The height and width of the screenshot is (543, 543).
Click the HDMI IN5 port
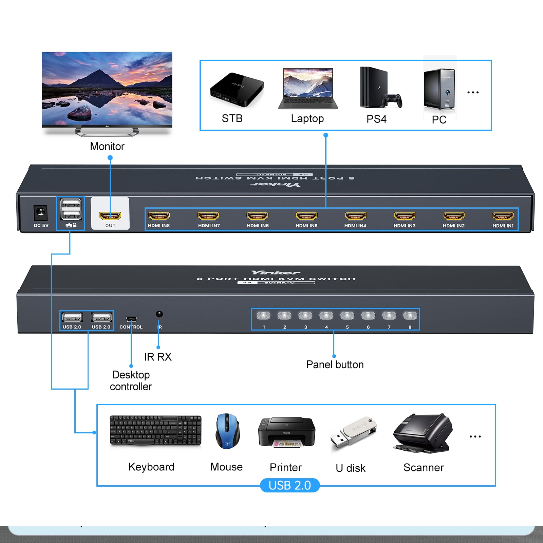(x=306, y=216)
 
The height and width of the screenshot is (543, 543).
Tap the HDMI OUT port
(x=110, y=216)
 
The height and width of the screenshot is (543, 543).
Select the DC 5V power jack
(x=41, y=213)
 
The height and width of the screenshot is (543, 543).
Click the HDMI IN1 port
(x=503, y=216)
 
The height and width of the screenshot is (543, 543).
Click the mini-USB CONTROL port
(x=131, y=319)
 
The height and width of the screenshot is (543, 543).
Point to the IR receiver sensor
(x=159, y=314)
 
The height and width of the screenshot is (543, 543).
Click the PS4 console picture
(x=379, y=88)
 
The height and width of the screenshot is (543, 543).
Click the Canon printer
(x=286, y=432)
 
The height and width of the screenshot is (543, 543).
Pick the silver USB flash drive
(x=353, y=433)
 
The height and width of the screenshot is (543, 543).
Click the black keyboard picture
(x=155, y=430)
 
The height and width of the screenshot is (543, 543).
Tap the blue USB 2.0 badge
(x=289, y=485)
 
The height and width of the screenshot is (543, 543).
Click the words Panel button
(x=335, y=364)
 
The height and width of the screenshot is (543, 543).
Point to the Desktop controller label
(x=131, y=380)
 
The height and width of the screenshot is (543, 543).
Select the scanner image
(x=423, y=433)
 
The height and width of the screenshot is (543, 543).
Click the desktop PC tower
(x=439, y=89)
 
